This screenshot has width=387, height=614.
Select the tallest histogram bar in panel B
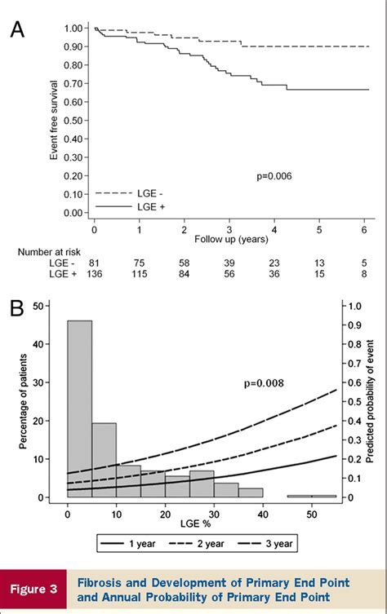click(x=79, y=408)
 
